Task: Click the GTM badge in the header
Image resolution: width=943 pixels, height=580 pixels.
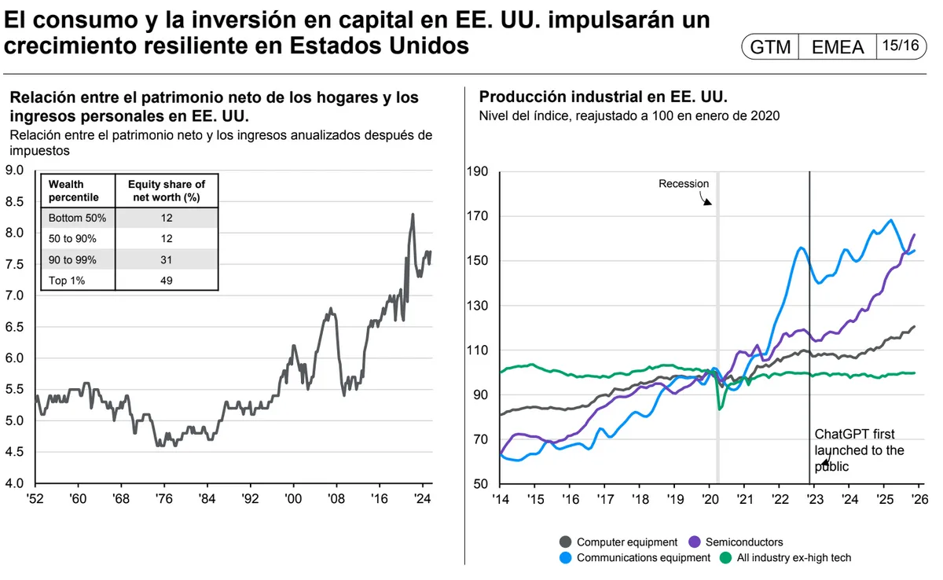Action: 770,47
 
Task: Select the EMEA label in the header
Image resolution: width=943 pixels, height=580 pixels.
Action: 837,47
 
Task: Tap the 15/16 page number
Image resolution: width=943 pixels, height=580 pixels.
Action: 900,46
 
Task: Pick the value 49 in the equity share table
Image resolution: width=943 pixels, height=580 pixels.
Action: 166,281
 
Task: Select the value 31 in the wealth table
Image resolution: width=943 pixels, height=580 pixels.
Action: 166,259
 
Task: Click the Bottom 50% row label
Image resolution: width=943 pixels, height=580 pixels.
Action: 77,218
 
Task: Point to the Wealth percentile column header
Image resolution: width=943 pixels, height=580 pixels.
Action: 74,191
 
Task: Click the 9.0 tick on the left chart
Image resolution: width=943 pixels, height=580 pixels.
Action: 16,170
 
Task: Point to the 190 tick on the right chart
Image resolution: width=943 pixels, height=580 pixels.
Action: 479,172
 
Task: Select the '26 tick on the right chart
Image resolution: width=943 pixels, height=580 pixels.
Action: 919,498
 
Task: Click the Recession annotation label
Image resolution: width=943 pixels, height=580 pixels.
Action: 684,184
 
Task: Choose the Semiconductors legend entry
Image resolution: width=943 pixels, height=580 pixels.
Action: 743,541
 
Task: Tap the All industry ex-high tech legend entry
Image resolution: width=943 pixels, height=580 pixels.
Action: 794,558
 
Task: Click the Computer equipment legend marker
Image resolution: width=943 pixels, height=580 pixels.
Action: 566,541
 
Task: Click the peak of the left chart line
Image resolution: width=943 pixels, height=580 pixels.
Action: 413,214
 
